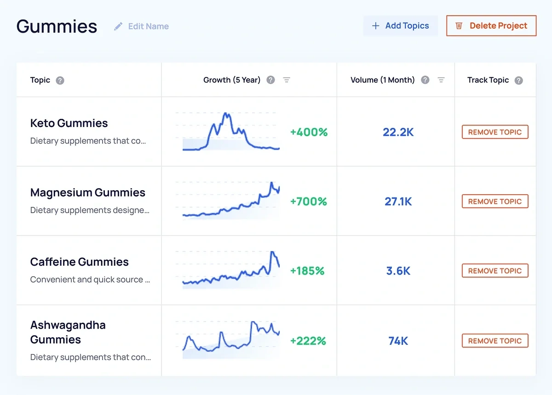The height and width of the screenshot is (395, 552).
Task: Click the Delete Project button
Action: [491, 26]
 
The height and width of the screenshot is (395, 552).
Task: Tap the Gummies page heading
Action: [57, 26]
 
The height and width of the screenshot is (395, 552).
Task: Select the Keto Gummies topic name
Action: [69, 123]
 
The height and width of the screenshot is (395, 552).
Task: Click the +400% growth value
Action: [309, 133]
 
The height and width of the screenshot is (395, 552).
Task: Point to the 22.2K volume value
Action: [398, 133]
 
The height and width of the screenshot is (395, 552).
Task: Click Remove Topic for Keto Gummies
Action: [495, 132]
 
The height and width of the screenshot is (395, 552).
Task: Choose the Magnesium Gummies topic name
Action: [87, 193]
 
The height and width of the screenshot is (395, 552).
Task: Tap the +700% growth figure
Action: [308, 202]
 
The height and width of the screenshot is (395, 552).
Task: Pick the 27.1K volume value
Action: [398, 202]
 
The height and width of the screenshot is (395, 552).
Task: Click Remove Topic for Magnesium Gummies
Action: [495, 202]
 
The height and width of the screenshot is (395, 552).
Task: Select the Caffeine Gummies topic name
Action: [79, 262]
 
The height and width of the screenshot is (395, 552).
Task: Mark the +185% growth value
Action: [307, 271]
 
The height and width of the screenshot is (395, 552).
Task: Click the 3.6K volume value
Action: [398, 271]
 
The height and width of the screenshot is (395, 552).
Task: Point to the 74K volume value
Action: [398, 341]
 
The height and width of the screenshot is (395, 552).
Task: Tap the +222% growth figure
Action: [308, 341]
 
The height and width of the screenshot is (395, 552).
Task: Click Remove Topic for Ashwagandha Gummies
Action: [495, 341]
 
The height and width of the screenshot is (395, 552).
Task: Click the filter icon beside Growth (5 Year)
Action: [287, 80]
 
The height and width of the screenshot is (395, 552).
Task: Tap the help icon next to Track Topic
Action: [518, 80]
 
